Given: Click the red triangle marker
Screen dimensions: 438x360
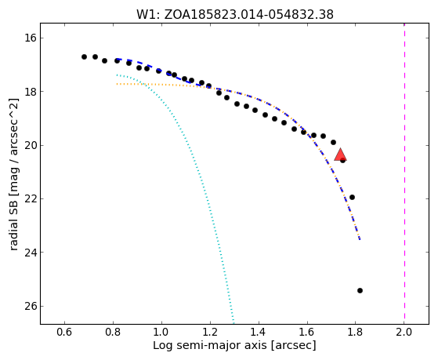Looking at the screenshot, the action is click(340, 155).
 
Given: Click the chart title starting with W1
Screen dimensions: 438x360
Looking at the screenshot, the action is click(234, 14).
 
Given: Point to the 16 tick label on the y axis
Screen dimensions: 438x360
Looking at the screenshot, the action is click(31, 38).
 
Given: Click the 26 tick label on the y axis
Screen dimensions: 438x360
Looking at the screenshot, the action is click(31, 306).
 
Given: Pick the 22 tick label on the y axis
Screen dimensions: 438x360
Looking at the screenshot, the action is click(31, 198).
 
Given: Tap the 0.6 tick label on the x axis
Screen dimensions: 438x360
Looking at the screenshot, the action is click(64, 332).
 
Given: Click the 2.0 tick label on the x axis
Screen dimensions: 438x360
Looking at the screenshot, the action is click(404, 332).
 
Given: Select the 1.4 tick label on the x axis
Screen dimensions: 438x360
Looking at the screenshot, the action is click(259, 332).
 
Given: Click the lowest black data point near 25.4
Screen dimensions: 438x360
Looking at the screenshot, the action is click(360, 291).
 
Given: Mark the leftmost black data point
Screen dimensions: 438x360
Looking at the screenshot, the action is click(84, 56).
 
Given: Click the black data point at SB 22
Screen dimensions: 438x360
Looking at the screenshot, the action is click(352, 197).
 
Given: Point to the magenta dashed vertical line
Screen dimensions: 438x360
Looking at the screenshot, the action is click(404, 173).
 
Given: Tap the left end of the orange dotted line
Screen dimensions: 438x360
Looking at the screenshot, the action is click(117, 84).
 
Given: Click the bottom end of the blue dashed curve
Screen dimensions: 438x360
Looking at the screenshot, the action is click(360, 239).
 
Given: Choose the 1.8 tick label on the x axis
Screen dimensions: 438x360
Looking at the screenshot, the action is click(355, 332).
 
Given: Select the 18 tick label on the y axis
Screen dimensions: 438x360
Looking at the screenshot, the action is click(31, 92).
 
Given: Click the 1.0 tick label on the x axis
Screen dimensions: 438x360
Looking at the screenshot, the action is click(161, 332).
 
